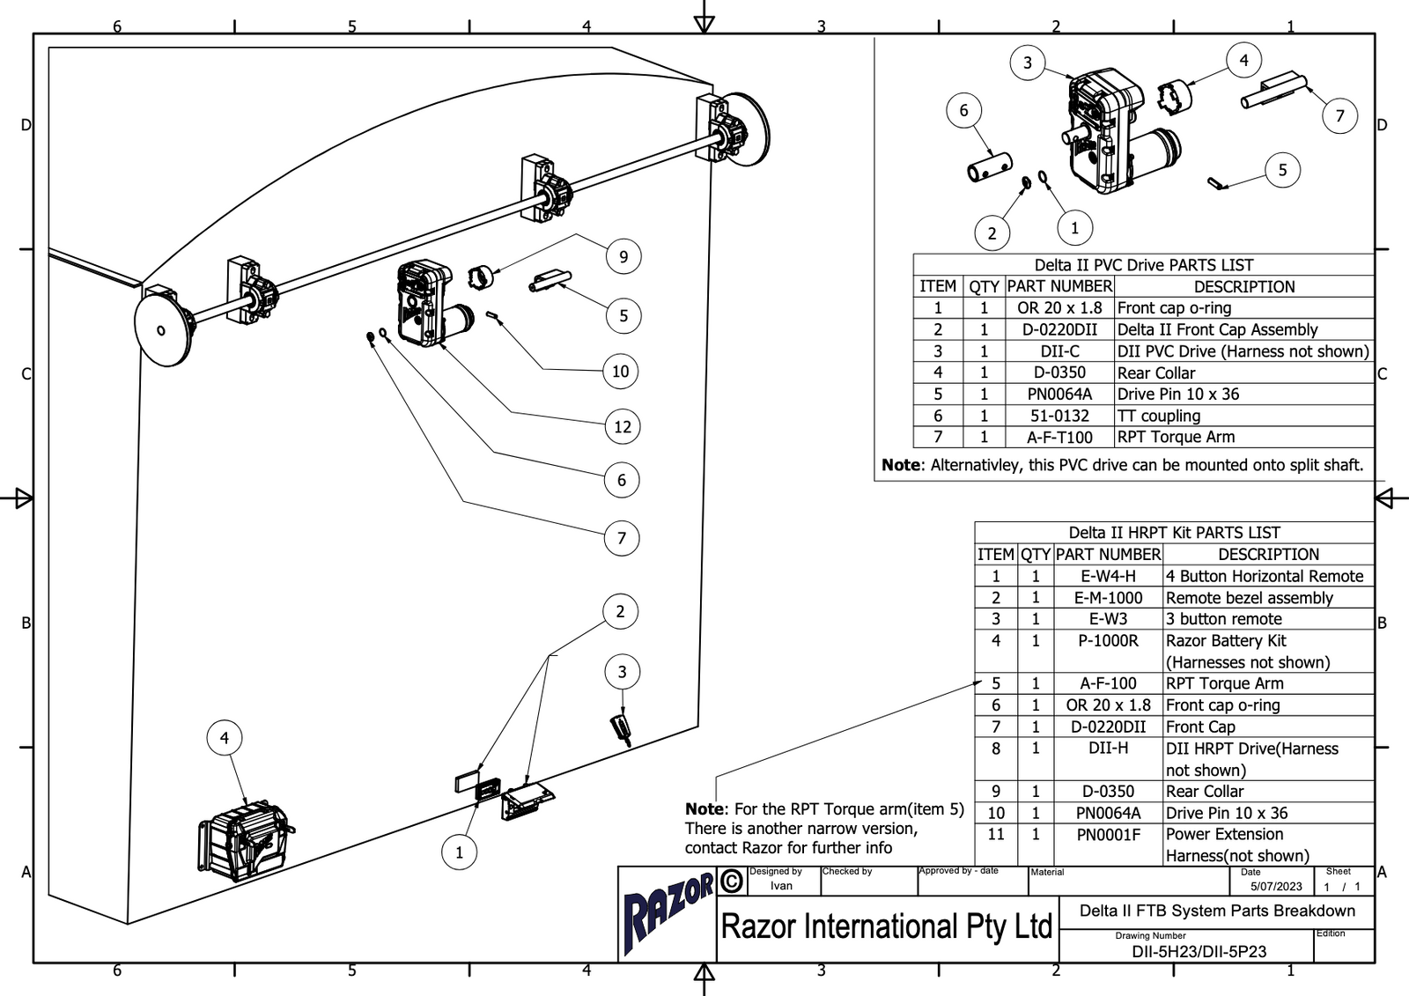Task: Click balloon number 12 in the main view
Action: [623, 427]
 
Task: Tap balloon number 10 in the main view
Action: [621, 371]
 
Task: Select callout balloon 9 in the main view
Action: [623, 256]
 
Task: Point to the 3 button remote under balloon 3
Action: [622, 729]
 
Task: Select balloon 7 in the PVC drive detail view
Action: [1339, 115]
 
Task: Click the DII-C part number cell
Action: [1059, 351]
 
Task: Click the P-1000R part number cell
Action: [1108, 641]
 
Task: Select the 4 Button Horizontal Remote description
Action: [1265, 576]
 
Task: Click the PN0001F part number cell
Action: [1108, 834]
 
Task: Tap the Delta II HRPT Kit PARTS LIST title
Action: [1174, 533]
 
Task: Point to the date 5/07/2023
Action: [1276, 886]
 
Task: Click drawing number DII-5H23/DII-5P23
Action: [1199, 951]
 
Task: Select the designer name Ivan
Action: [781, 886]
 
